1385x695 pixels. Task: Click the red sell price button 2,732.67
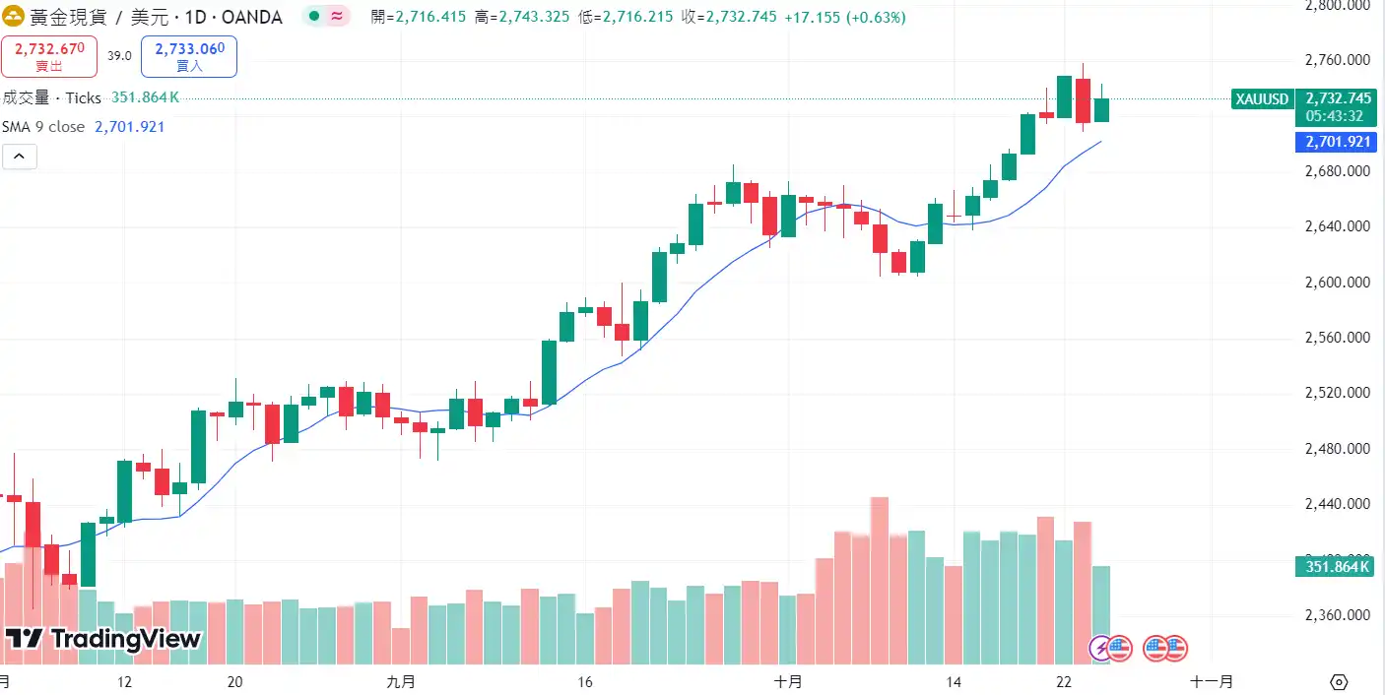49,56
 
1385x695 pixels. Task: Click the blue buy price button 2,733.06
189,56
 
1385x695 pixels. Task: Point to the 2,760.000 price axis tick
1337,60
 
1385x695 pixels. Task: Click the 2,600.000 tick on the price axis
1337,283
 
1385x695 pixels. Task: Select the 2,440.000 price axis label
1337,504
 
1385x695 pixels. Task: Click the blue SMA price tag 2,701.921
1337,142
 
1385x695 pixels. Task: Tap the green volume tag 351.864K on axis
1337,567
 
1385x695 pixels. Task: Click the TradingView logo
103,639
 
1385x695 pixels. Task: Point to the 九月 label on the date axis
401,681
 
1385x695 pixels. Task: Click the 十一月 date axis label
1211,681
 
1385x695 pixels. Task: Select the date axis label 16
584,681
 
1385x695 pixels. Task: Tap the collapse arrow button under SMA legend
20,156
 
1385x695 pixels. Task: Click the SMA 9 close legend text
43,127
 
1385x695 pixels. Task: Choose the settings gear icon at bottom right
1338,681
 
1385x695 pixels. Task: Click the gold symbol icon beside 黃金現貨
15,17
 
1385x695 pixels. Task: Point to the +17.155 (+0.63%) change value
845,18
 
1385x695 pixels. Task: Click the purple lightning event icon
1100,648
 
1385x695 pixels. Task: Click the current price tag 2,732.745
1337,98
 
